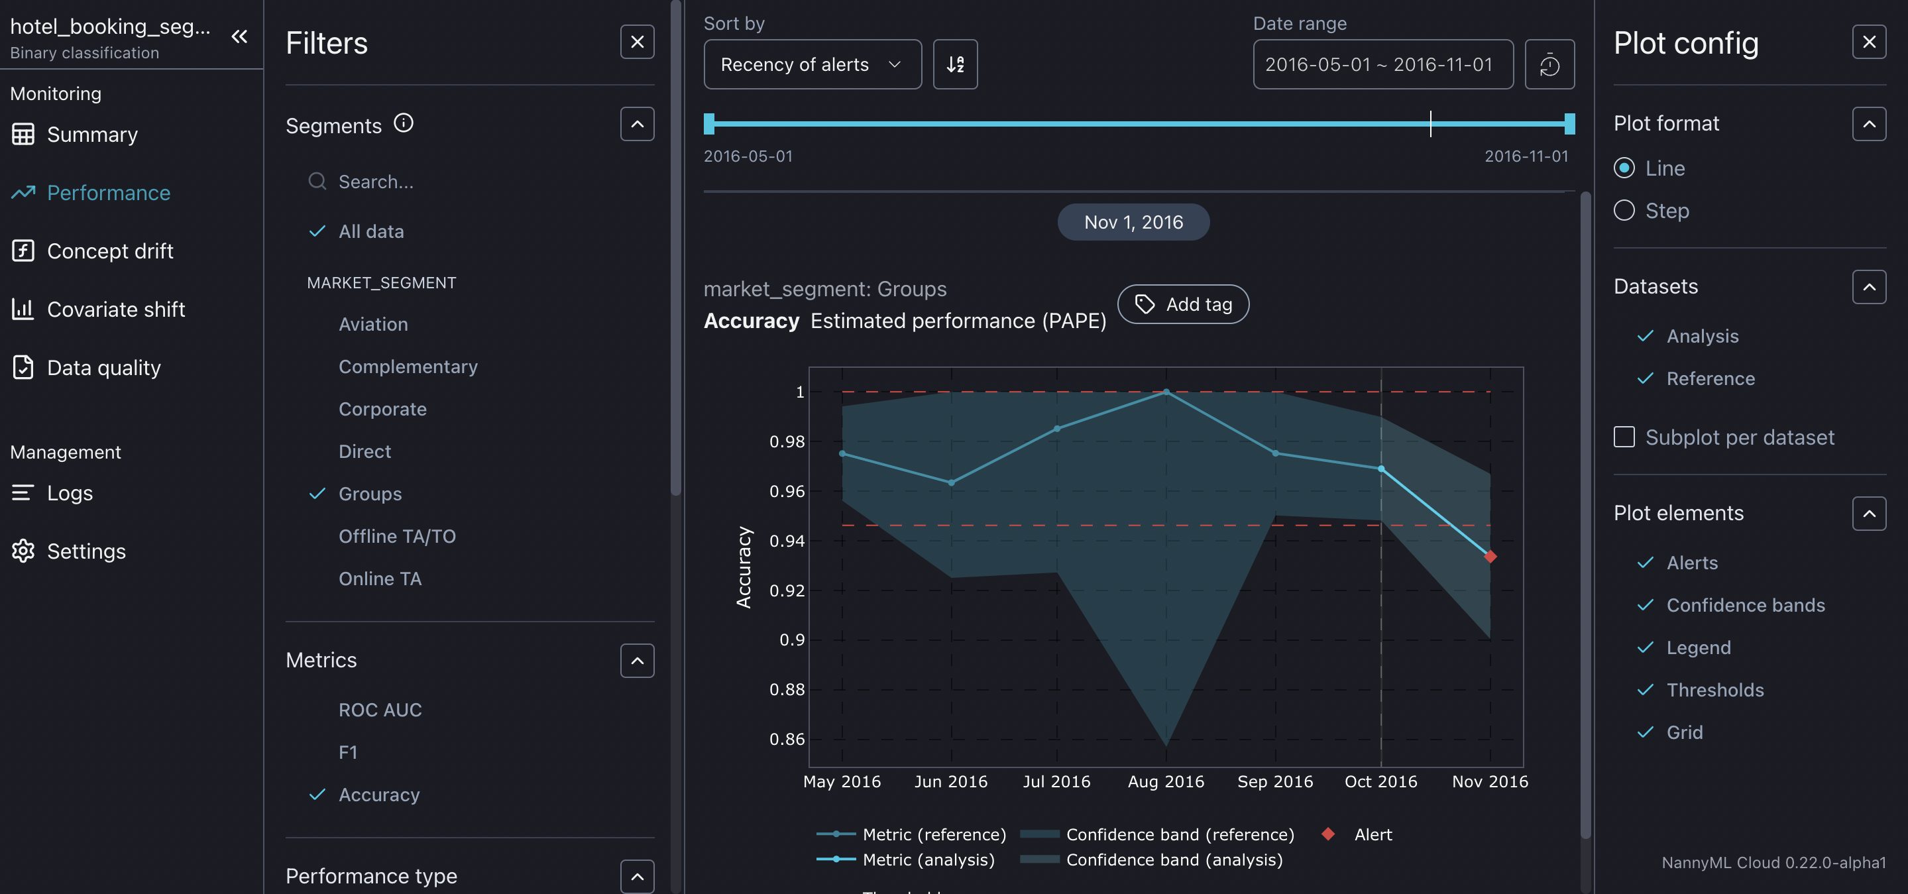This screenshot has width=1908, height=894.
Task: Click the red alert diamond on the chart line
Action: tap(1490, 556)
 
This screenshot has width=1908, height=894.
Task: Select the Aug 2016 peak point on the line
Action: tap(1166, 392)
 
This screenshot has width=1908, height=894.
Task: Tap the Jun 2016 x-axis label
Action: tap(950, 781)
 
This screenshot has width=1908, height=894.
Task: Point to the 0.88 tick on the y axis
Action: tap(787, 690)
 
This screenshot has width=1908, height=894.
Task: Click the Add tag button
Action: tap(1183, 304)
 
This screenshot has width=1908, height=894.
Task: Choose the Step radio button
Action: tap(1624, 211)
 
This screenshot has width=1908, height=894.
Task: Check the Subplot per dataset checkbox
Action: tap(1624, 437)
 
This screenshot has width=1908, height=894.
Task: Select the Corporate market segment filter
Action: tap(382, 409)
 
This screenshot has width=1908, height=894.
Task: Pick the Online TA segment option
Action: tap(380, 579)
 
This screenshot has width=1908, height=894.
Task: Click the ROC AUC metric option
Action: tap(380, 710)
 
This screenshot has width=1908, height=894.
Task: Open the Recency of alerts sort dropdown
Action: tap(812, 64)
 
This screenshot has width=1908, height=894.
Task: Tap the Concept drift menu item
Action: tap(109, 251)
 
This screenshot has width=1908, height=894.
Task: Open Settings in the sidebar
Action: tap(86, 551)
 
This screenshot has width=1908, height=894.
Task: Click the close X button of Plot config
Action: tap(1868, 42)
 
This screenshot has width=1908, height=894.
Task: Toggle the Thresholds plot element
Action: tap(1714, 690)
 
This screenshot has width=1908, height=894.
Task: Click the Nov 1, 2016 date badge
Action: tap(1133, 222)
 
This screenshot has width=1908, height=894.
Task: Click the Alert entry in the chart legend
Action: tap(1372, 834)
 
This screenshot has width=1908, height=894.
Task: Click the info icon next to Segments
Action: tap(403, 123)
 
